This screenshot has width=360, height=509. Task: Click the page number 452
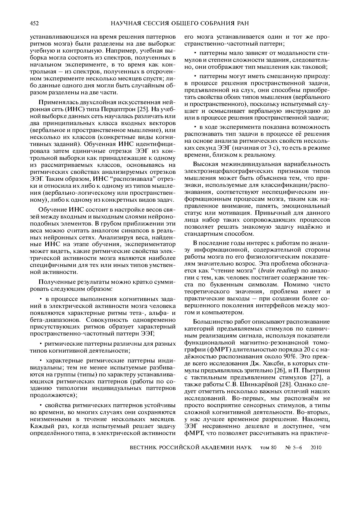(x=34, y=24)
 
